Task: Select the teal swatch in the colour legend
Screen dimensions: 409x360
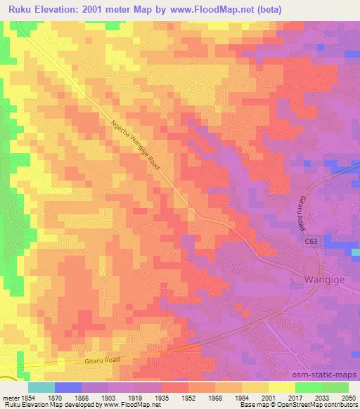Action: click(41, 387)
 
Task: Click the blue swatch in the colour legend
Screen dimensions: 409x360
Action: click(68, 387)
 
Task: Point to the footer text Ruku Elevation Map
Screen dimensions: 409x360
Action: click(29, 405)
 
